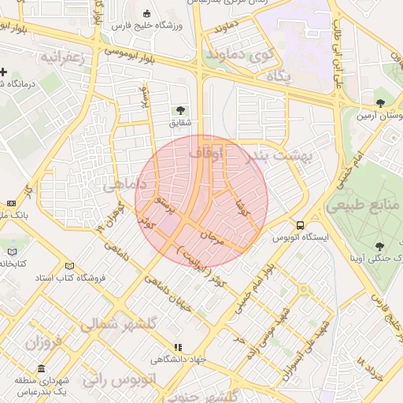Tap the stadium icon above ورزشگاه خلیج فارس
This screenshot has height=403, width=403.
pyautogui.click(x=148, y=13)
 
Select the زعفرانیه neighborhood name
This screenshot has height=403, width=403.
pyautogui.click(x=63, y=57)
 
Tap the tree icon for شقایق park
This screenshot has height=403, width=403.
pyautogui.click(x=181, y=110)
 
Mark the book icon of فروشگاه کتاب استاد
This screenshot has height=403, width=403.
pyautogui.click(x=70, y=266)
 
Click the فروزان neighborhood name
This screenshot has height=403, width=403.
pyautogui.click(x=43, y=342)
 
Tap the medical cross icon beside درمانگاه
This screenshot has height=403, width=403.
pyautogui.click(x=4, y=72)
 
